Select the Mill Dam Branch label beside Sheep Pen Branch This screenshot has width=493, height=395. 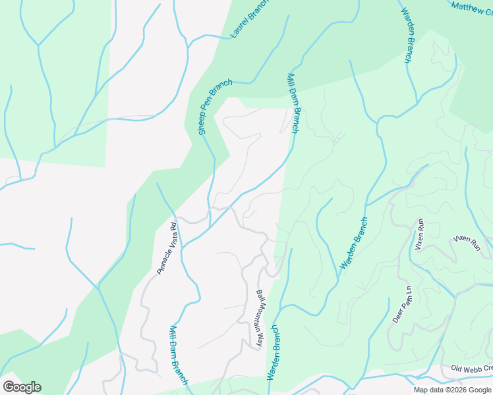point(293,103)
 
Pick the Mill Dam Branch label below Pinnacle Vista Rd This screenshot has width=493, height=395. point(179,355)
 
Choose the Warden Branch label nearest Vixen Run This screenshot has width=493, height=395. point(353,243)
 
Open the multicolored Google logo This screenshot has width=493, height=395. point(22,387)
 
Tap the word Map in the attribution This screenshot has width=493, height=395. point(421,390)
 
